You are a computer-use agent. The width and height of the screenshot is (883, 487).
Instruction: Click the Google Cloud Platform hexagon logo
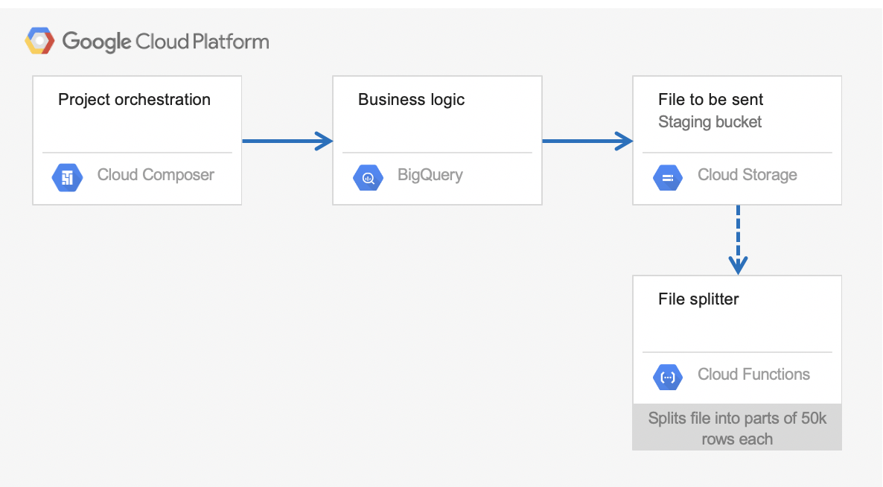(x=39, y=40)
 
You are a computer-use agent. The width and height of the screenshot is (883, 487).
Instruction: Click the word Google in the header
(x=96, y=42)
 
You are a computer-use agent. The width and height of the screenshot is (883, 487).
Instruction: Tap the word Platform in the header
(x=230, y=42)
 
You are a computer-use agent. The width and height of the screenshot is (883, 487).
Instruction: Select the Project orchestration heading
(x=134, y=100)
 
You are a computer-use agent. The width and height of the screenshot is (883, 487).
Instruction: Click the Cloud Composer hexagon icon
(x=67, y=177)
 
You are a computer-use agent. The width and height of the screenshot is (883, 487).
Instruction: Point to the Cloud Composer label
(x=156, y=175)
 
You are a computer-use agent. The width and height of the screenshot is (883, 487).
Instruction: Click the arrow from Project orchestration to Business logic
(x=287, y=141)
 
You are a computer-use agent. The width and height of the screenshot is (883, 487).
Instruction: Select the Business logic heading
(x=411, y=101)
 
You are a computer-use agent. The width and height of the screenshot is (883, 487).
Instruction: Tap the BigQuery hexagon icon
(x=368, y=177)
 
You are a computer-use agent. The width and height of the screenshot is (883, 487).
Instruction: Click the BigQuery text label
(x=430, y=175)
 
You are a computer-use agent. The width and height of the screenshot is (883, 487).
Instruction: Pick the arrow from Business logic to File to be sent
(x=587, y=141)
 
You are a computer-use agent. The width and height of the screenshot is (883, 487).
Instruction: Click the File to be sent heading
(x=711, y=100)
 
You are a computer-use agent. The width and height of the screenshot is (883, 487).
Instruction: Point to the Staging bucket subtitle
(x=710, y=122)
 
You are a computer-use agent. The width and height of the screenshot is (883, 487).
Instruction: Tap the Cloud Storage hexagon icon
(x=668, y=177)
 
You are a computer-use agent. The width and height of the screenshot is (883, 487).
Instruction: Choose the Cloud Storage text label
(x=747, y=175)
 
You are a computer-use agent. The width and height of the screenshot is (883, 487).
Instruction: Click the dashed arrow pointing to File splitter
(x=738, y=240)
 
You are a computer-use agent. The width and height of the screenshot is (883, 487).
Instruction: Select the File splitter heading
(x=698, y=299)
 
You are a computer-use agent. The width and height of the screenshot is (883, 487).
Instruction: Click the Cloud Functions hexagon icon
(x=668, y=377)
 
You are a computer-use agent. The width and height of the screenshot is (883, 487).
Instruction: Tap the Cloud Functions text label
(x=753, y=375)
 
